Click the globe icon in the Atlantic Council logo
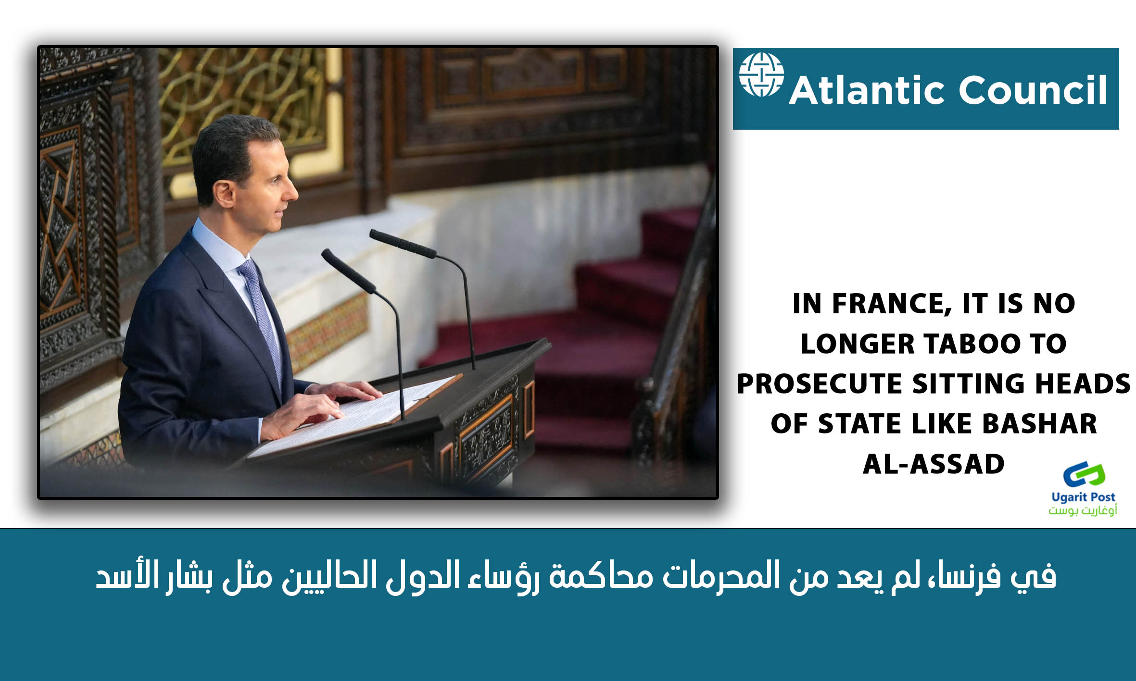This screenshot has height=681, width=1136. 761,74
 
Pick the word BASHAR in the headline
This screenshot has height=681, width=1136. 1039,424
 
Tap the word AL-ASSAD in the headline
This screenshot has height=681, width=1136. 934,464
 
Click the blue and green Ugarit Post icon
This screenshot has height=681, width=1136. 1084,475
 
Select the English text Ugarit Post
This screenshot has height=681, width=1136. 1083,497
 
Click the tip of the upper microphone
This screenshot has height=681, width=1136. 372,234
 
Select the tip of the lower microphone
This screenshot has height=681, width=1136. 326,253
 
